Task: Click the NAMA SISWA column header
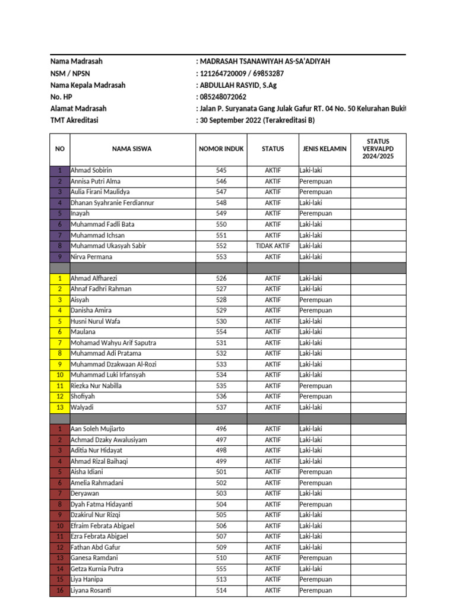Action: pyautogui.click(x=132, y=149)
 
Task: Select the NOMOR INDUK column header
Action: pyautogui.click(x=221, y=149)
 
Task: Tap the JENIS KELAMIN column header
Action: pyautogui.click(x=324, y=149)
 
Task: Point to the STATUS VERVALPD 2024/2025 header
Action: pyautogui.click(x=378, y=149)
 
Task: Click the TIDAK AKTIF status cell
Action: pyautogui.click(x=273, y=246)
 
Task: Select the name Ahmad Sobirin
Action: pyautogui.click(x=91, y=170)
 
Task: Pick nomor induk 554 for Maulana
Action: pyautogui.click(x=221, y=332)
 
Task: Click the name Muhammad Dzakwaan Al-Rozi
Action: pyautogui.click(x=113, y=364)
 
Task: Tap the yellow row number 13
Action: pyautogui.click(x=60, y=407)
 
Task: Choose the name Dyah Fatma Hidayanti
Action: pyautogui.click(x=102, y=504)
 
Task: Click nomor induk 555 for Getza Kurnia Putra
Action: pyautogui.click(x=221, y=569)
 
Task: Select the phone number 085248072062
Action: pyautogui.click(x=223, y=97)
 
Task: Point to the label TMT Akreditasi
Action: pyautogui.click(x=74, y=121)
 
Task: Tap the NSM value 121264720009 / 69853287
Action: pyautogui.click(x=242, y=74)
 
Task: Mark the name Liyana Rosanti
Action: pyautogui.click(x=91, y=590)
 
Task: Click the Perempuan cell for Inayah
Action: pyautogui.click(x=316, y=213)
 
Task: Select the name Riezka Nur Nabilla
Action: pyautogui.click(x=96, y=386)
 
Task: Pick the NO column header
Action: pyautogui.click(x=60, y=149)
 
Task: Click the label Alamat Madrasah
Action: pyautogui.click(x=78, y=109)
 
